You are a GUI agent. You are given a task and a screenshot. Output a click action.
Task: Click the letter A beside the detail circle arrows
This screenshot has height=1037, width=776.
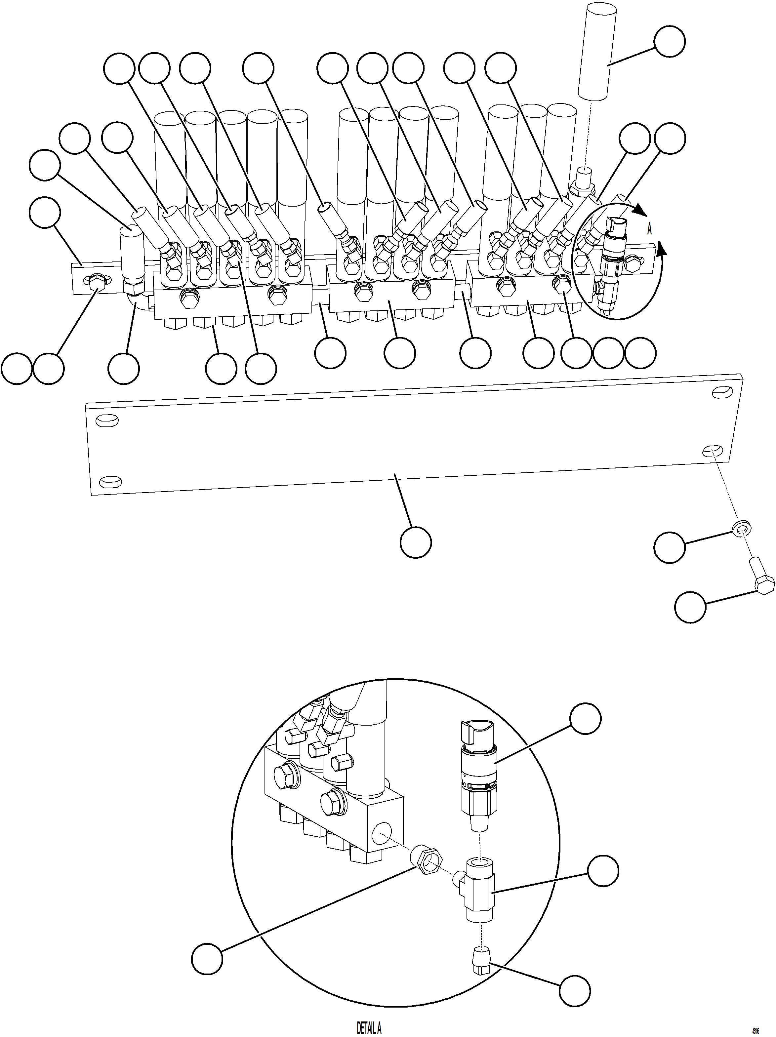(x=649, y=229)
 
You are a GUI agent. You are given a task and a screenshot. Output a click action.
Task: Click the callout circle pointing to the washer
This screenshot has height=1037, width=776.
(x=669, y=547)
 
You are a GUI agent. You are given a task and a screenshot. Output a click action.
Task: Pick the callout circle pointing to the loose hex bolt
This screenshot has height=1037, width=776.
(x=690, y=607)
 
